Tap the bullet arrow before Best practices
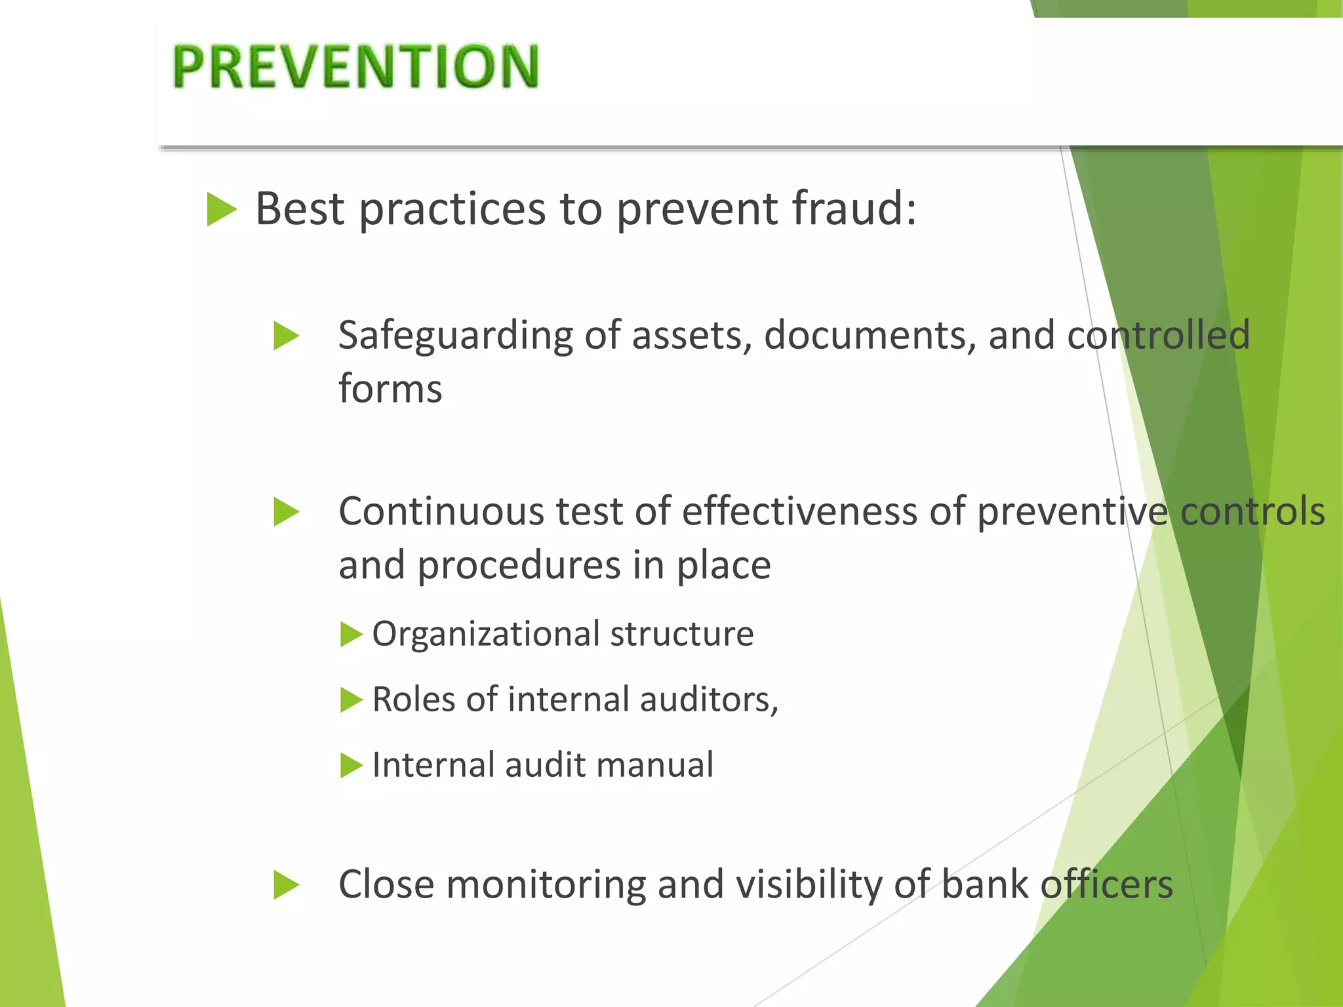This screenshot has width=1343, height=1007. coord(221,210)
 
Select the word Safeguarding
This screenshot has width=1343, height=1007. coord(455,336)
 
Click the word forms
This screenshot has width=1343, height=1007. coord(390,389)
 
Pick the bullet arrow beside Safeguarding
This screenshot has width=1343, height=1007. coord(286,336)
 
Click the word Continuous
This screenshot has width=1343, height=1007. coord(441,511)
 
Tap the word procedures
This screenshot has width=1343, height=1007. coord(519,565)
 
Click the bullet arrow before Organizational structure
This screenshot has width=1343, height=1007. coord(351,635)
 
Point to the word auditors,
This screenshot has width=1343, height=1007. coord(709,700)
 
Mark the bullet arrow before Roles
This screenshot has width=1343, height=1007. coord(351,700)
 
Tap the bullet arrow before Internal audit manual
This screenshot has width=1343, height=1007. coord(351,766)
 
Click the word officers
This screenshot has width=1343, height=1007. coord(1106,884)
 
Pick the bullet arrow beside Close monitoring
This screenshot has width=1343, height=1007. coord(286,885)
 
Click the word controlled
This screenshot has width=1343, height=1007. coord(1159,336)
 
